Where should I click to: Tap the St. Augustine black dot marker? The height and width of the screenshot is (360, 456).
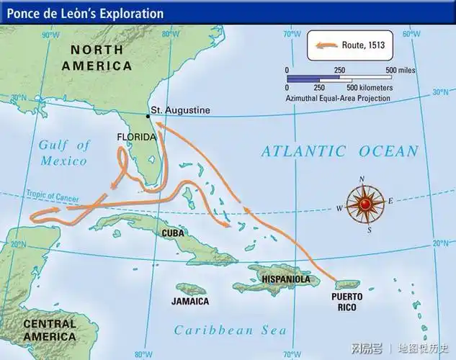click(x=149, y=115)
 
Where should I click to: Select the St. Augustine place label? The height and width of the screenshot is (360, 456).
click(x=182, y=110)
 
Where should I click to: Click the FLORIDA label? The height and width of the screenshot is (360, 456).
click(x=135, y=137)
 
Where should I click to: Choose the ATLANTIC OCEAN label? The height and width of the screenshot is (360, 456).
click(x=339, y=151)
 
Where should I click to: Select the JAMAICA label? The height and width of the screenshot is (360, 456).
click(x=190, y=301)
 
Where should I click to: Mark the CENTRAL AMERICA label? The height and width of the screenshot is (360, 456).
click(x=49, y=330)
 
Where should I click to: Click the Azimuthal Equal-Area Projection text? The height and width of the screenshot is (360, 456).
click(x=339, y=98)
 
